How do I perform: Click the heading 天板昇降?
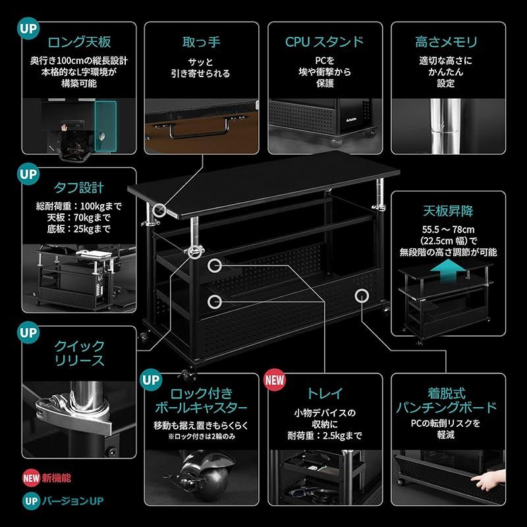point(448,212)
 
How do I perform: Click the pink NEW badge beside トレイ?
point(275,380)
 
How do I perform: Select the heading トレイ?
point(325,394)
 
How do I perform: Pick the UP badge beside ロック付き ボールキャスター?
point(152,380)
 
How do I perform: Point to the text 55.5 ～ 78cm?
point(447,229)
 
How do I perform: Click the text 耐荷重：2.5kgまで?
point(325,435)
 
